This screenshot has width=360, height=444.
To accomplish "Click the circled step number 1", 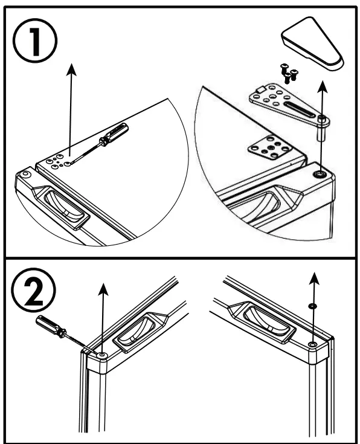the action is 36,41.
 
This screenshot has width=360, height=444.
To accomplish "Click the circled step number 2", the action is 33,290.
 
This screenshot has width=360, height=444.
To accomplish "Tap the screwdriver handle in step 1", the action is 114,135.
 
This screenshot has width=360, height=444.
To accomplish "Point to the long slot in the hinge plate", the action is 299,110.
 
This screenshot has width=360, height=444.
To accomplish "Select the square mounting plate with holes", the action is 269,148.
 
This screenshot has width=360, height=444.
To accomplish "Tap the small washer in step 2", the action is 312,306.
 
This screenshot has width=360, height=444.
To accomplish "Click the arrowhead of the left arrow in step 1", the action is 71,69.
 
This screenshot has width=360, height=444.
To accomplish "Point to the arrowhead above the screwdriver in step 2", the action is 103,289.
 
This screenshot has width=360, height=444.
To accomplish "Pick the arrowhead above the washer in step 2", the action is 314,278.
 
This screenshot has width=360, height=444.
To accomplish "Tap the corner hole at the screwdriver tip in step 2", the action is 101,355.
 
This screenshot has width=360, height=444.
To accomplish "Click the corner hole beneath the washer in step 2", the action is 313,344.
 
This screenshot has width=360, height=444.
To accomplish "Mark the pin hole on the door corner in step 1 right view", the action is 320,174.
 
